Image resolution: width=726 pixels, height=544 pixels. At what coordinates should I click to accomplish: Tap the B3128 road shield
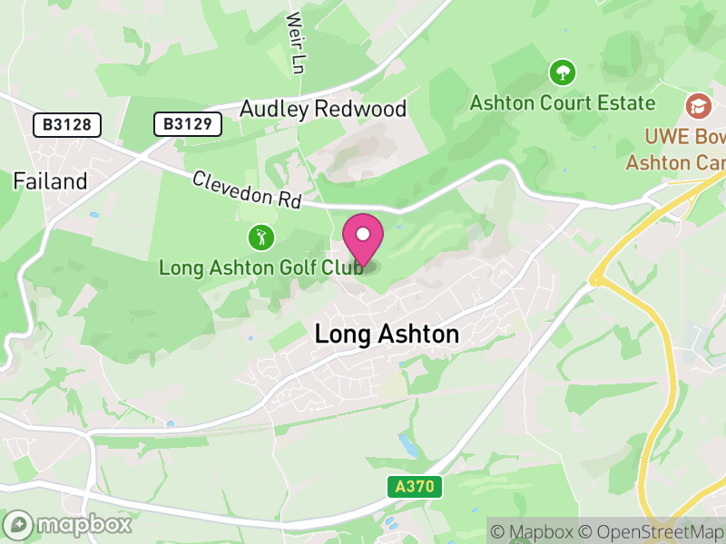pyautogui.click(x=67, y=124)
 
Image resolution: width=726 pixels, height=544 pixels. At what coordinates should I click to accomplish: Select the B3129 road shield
pyautogui.click(x=188, y=124)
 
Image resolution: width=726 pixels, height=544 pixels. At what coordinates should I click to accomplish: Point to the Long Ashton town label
pyautogui.click(x=387, y=334)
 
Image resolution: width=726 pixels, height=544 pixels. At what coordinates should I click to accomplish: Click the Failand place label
pyautogui.click(x=50, y=181)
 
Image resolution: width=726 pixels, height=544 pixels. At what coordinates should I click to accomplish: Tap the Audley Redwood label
pyautogui.click(x=323, y=110)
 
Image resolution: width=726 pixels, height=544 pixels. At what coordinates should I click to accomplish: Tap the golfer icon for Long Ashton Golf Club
pyautogui.click(x=261, y=238)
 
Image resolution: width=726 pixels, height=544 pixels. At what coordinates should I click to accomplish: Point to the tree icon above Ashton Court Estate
pyautogui.click(x=563, y=72)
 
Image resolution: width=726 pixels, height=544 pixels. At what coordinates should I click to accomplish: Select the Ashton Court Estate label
pyautogui.click(x=563, y=102)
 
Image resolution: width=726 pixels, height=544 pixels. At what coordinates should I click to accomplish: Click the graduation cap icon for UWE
pyautogui.click(x=698, y=106)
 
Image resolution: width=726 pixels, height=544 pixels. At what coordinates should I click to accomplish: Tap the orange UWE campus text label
pyautogui.click(x=677, y=150)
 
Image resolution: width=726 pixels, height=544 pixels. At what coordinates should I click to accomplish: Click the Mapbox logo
pyautogui.click(x=68, y=524)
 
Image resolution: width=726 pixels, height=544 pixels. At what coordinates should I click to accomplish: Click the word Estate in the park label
pyautogui.click(x=626, y=102)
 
